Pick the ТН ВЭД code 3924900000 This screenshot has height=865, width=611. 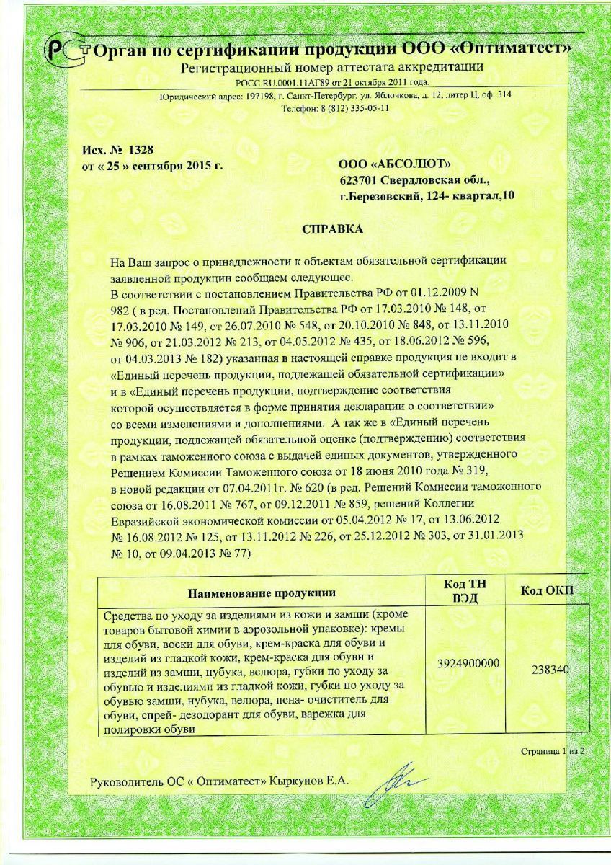tap(468, 663)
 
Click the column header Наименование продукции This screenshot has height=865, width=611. tap(262, 593)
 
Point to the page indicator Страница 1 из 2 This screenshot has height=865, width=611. tap(553, 751)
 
